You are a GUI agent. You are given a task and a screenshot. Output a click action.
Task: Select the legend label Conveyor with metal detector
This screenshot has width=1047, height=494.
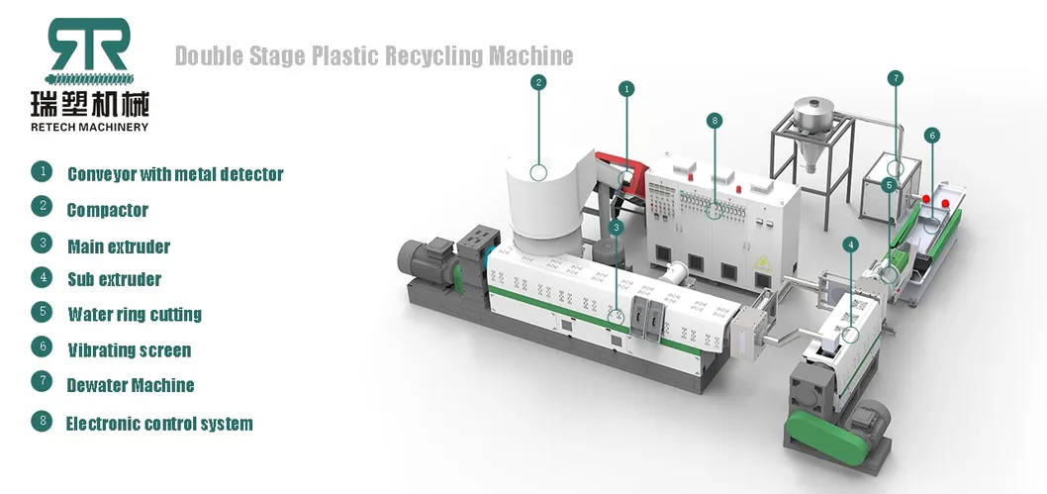175,175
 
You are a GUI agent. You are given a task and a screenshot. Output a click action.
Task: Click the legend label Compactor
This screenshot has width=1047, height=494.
108,210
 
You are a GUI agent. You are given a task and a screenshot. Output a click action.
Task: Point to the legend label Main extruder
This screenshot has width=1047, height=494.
119,247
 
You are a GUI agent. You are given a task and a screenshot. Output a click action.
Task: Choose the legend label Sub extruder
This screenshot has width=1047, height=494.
114,279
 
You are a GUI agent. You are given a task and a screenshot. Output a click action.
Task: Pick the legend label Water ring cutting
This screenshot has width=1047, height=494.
135,315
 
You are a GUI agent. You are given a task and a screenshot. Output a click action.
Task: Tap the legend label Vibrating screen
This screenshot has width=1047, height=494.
130,350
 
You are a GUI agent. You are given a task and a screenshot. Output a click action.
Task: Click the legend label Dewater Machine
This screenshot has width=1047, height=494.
131,385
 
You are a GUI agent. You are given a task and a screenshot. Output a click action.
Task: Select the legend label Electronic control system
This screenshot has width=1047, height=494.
159,424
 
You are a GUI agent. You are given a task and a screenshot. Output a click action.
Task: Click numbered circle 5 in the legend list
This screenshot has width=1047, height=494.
42,312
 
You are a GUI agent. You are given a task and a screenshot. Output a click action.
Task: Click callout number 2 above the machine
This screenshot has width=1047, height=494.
538,82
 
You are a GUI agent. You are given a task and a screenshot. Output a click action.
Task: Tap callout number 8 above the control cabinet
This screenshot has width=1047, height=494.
714,120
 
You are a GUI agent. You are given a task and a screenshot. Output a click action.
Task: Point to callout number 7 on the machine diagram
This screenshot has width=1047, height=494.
895,77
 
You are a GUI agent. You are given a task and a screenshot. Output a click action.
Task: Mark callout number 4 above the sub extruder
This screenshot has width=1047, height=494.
851,244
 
